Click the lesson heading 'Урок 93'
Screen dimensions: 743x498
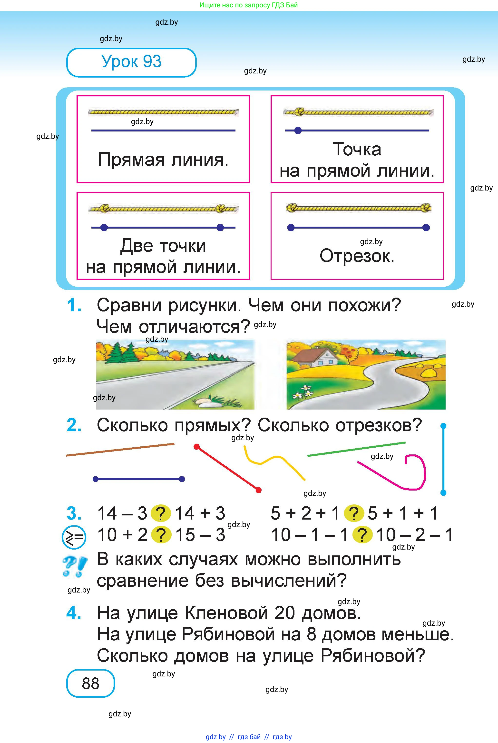pos(131,62)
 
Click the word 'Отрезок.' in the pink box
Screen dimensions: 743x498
pos(357,256)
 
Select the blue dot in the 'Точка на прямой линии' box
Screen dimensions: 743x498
pos(298,130)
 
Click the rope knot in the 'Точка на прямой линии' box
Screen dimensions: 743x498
pos(299,112)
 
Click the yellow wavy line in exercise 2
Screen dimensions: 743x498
pos(275,461)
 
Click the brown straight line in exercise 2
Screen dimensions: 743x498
pos(120,449)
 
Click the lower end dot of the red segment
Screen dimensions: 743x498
pos(259,490)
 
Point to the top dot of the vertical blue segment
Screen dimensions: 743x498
pos(444,425)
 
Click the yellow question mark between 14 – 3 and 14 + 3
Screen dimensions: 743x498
pos(161,513)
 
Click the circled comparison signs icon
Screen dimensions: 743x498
pos(74,537)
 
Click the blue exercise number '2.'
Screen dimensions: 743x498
pos(74,425)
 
